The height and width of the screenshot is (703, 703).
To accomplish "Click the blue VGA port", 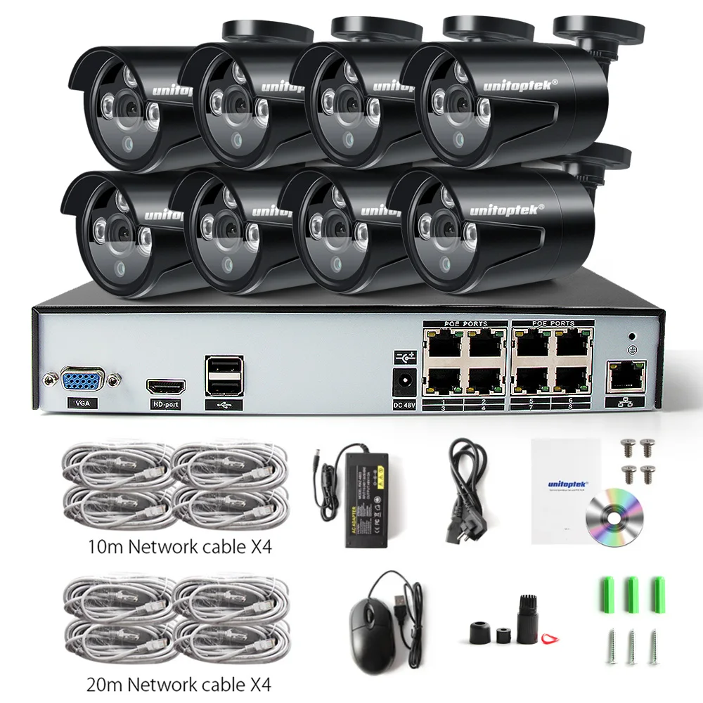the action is coord(82,380).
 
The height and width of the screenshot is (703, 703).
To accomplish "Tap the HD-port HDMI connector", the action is coord(165,386).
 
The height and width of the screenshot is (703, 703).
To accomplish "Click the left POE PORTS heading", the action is coord(464,323).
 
